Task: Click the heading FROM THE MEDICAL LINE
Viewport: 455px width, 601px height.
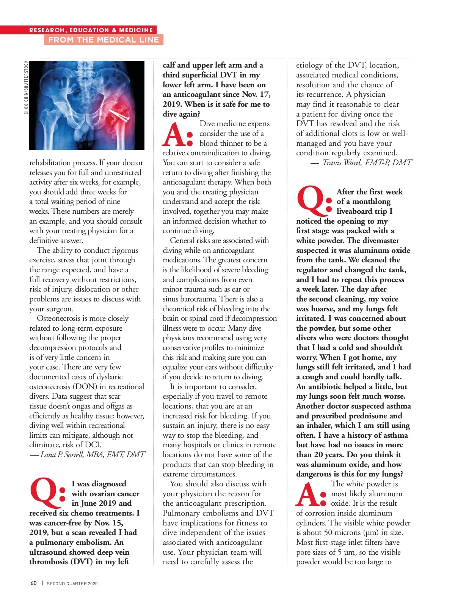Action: pos(104,40)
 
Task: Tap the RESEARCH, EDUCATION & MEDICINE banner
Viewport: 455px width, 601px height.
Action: pos(91,30)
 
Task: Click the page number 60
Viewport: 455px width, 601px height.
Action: pos(33,583)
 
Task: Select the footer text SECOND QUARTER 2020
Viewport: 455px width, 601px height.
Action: pos(72,584)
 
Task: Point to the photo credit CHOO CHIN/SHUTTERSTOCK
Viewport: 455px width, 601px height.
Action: pos(26,87)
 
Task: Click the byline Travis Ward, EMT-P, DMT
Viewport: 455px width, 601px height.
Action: pos(367,162)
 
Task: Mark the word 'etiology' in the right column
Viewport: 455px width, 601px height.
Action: pos(310,65)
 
